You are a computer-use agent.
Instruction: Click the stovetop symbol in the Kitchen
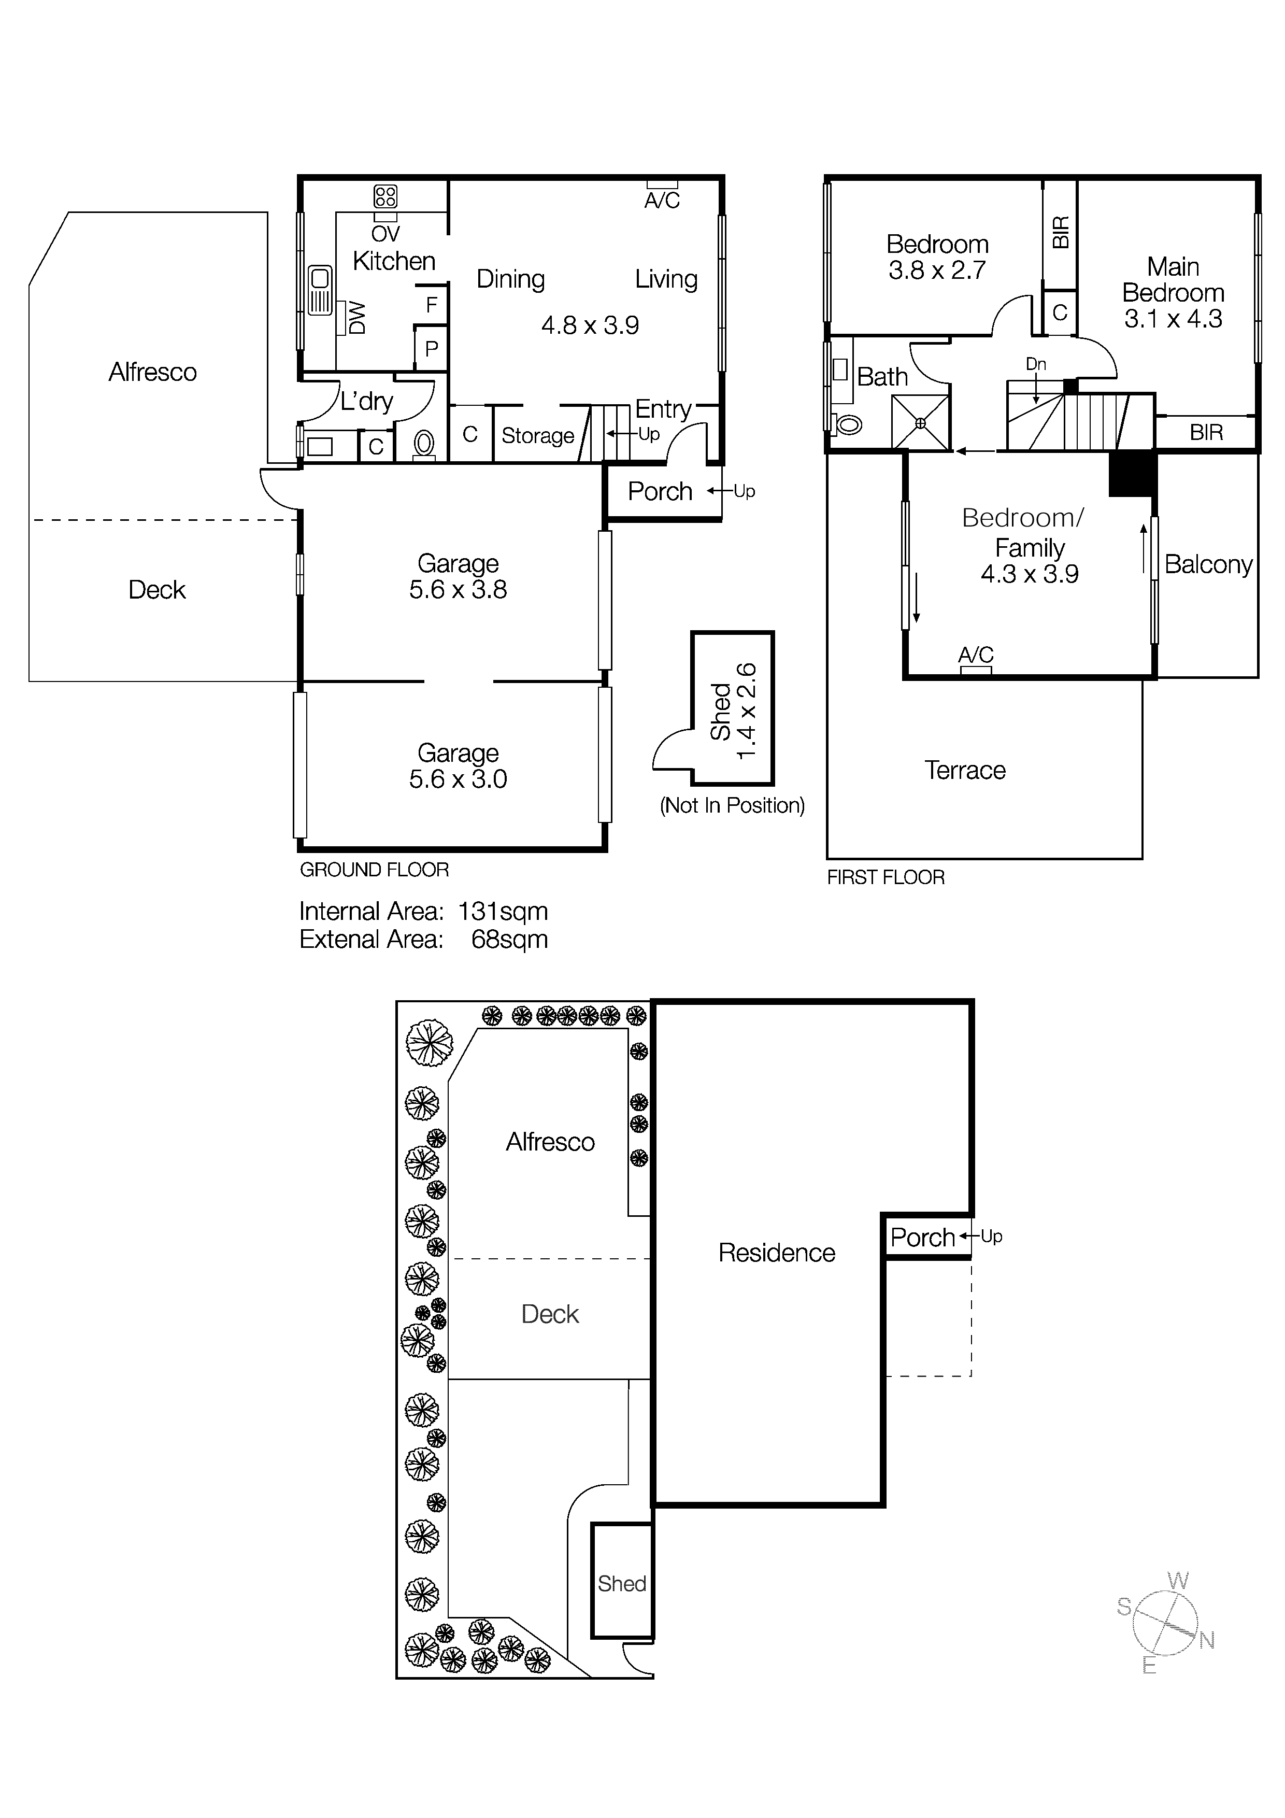(386, 196)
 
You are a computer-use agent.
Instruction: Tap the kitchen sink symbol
(320, 290)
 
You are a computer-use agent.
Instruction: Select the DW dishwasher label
(356, 318)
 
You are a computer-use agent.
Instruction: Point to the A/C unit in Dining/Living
(662, 184)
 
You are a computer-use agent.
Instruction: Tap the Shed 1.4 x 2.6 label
(733, 711)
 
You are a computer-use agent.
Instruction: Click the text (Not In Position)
(732, 805)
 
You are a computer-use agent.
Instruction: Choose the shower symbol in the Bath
(920, 423)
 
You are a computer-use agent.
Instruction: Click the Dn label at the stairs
(1036, 364)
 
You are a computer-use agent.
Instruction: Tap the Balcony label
(1207, 564)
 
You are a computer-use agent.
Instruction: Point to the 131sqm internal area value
(502, 912)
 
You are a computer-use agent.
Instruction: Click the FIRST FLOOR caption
(885, 877)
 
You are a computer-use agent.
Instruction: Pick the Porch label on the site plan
(922, 1238)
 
